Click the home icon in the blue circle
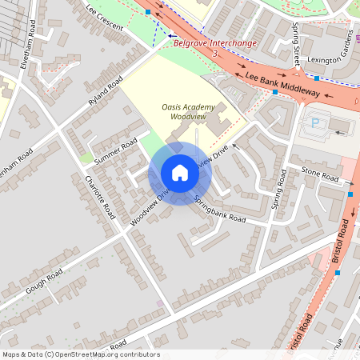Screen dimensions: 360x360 coord(180,173)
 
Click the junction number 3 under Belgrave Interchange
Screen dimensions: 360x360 coord(215,52)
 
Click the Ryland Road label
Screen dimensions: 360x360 coord(106,90)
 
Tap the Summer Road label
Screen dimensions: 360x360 coord(115,152)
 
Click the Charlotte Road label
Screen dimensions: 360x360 coord(101,197)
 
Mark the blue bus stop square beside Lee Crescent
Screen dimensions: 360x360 coord(147,12)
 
